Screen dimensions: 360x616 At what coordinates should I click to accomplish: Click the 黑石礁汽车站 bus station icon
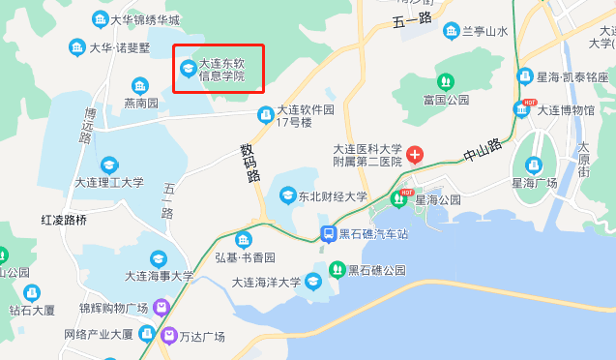329,233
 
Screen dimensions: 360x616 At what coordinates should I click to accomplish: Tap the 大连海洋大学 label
266,282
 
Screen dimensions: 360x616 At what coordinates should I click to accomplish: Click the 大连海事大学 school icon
159,258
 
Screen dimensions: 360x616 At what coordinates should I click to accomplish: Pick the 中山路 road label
483,150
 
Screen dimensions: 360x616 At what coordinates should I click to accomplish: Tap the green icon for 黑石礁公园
337,269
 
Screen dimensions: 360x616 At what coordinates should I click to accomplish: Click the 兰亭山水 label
484,31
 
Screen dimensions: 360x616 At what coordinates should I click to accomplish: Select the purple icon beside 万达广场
170,336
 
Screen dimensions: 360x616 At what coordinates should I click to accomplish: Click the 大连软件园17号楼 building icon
265,116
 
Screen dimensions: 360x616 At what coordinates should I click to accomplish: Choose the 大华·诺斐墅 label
122,46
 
